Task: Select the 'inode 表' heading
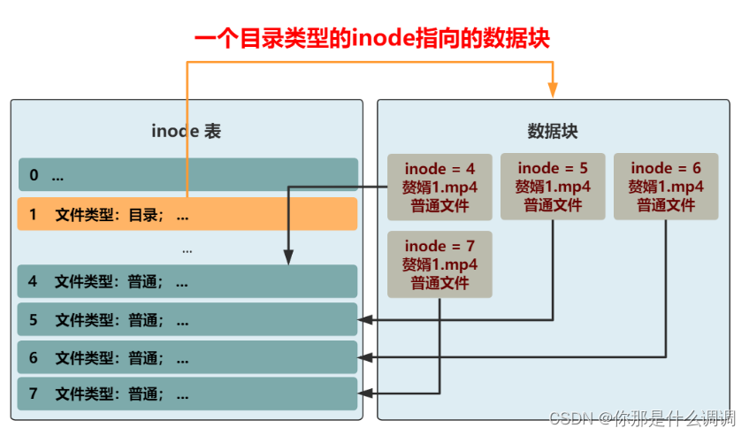point(186,132)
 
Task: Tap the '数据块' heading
point(553,132)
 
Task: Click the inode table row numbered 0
point(187,175)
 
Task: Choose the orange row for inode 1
point(187,214)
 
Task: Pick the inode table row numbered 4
point(187,281)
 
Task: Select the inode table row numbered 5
point(187,319)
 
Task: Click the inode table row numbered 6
point(187,357)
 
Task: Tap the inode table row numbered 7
point(187,394)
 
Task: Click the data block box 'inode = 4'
point(439,187)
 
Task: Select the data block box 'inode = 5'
point(553,187)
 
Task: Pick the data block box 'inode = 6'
point(666,187)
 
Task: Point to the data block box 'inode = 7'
point(439,264)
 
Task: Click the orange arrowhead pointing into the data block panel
point(553,88)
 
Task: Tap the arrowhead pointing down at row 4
point(288,257)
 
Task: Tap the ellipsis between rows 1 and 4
point(187,250)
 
